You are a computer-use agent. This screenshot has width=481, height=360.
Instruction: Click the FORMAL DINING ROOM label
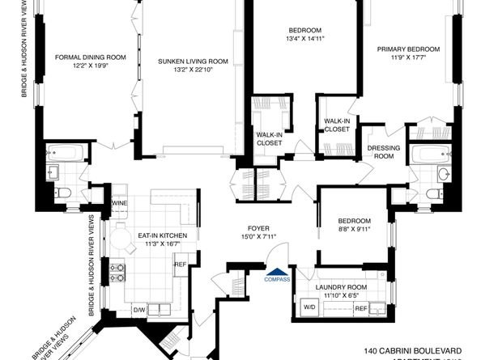91,57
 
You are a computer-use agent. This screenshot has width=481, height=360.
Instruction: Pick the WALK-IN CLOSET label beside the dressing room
337,125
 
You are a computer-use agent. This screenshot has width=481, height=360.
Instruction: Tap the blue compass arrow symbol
277,271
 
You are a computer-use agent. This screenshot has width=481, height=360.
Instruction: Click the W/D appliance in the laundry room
309,307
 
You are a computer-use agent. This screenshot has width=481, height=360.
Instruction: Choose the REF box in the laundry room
360,307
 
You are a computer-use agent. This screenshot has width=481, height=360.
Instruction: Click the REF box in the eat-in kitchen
180,265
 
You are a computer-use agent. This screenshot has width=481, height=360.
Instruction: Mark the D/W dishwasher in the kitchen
138,309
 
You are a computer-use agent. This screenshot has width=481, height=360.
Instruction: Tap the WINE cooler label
120,203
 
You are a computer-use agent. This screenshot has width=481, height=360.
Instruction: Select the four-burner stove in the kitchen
117,273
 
